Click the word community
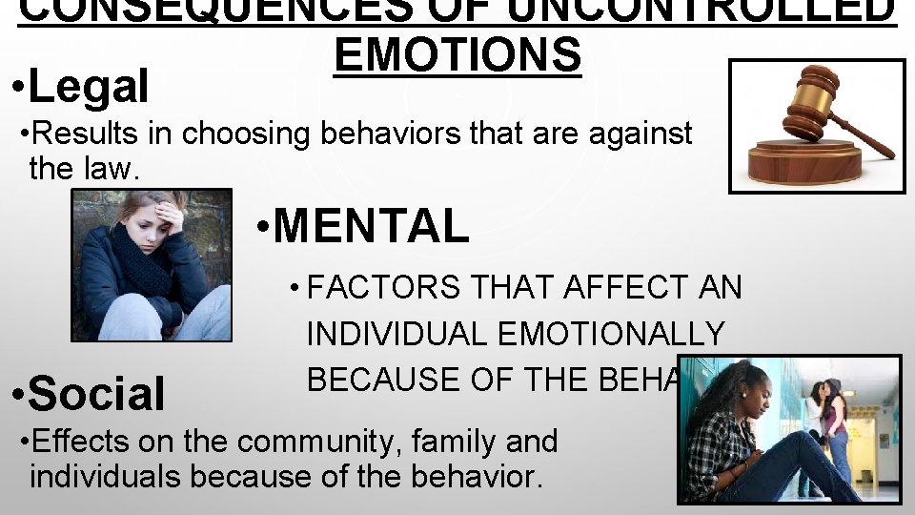[340, 442]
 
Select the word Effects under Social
[74, 442]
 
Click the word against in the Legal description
[638, 134]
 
